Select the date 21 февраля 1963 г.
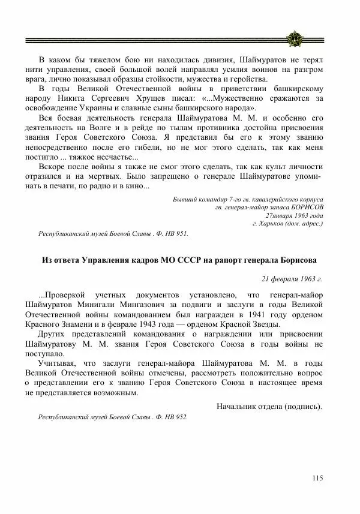coord(292,278)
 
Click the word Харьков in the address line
coord(272,223)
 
